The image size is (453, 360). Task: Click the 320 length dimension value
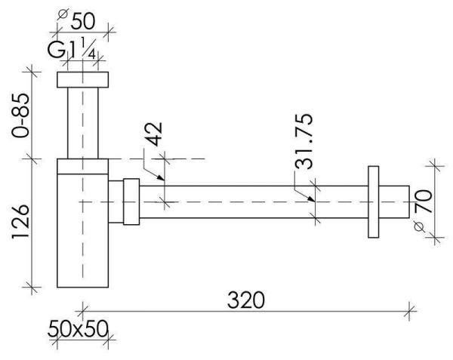[x=245, y=300]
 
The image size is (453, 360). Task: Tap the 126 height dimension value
[x=20, y=221]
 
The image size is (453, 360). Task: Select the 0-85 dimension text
[x=20, y=115]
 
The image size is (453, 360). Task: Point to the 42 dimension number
[x=153, y=134]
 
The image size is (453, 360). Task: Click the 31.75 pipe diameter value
[x=304, y=141]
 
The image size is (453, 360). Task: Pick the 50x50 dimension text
[x=78, y=329]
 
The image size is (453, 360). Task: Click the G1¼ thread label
[x=72, y=49]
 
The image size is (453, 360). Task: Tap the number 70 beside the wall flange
[x=424, y=201]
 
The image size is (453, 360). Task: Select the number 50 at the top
[x=82, y=21]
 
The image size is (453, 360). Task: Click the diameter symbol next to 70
[x=420, y=227]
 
